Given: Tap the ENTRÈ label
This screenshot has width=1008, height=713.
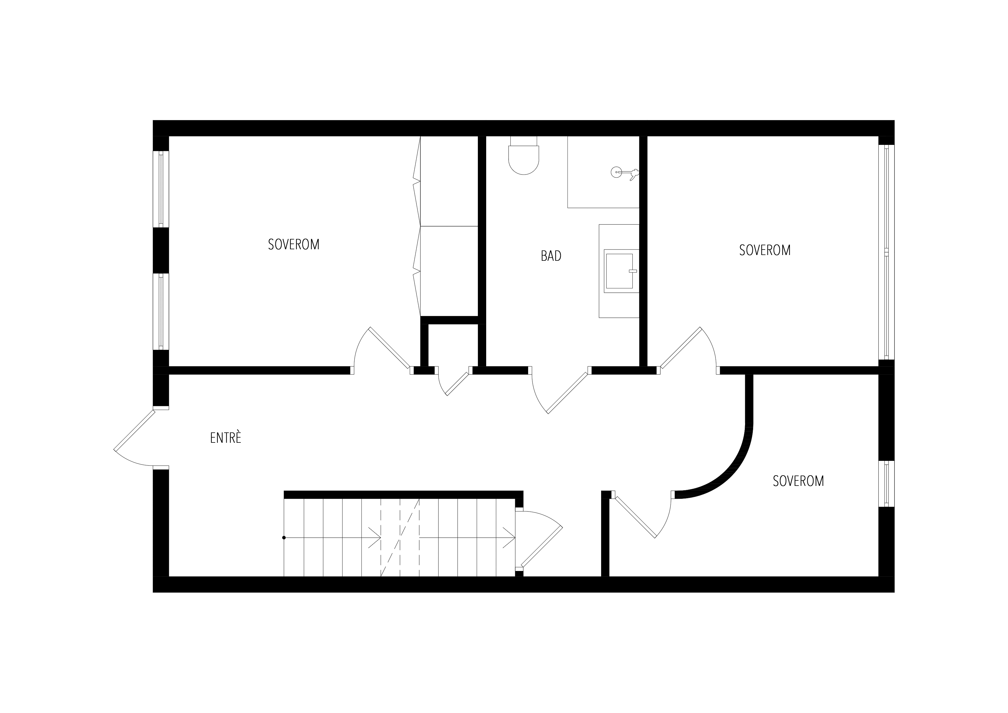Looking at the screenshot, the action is pos(226,438).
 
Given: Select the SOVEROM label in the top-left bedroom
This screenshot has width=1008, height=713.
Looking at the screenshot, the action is pos(294,245).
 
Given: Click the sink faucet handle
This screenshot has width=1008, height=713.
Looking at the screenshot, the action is pos(633,271).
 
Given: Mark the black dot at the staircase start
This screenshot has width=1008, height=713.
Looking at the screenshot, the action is pos(284,538).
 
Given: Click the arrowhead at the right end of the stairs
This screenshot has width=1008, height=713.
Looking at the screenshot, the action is pos(509,538).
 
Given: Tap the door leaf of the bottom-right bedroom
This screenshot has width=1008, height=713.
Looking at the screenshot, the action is pos(635,517).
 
